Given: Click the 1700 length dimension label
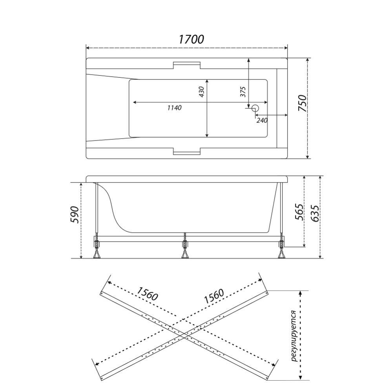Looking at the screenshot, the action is click(191, 39).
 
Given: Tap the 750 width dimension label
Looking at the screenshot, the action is click(302, 103).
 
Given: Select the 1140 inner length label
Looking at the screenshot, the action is click(175, 108).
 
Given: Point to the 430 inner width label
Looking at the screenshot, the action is click(202, 91).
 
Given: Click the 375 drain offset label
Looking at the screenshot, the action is click(243, 91).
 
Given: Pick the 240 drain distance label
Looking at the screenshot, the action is click(262, 120).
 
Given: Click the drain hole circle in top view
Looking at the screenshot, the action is click(255, 108).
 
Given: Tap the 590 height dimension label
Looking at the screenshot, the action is click(75, 215).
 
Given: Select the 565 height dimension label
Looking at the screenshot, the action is click(299, 212).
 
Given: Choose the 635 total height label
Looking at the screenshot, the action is click(314, 213).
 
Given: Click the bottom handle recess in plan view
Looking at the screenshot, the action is click(187, 151).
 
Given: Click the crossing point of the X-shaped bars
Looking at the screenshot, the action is click(184, 336).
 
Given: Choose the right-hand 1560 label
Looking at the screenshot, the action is click(214, 297).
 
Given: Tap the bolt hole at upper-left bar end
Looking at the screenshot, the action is click(102, 293).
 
